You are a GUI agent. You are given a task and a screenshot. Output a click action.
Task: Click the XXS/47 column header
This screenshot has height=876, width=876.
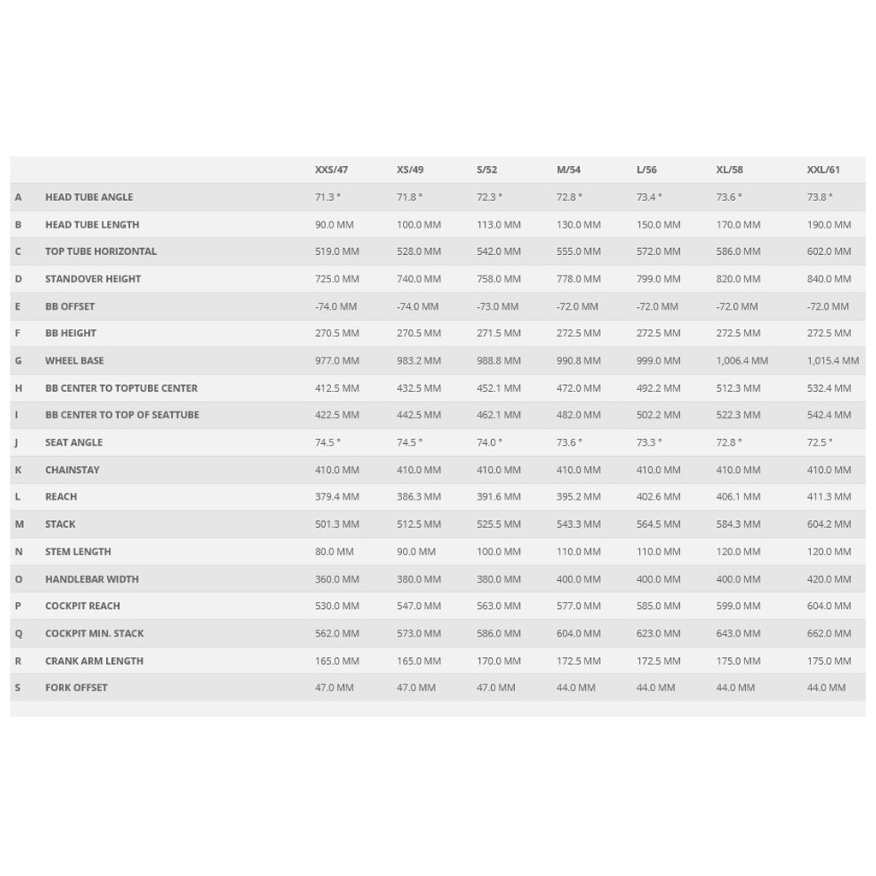[331, 169]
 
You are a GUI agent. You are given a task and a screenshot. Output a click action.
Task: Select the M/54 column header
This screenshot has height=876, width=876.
[569, 169]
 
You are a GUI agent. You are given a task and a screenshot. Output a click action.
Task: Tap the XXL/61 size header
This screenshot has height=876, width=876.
[823, 169]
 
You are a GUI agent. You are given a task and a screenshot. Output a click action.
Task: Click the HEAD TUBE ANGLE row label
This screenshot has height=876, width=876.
[89, 197]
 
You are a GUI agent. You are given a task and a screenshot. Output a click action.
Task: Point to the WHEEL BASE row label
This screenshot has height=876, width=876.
[74, 360]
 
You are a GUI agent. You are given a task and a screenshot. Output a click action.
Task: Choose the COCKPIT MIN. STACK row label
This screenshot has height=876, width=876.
[94, 633]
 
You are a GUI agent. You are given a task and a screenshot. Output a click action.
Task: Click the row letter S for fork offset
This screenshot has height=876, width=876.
[17, 688]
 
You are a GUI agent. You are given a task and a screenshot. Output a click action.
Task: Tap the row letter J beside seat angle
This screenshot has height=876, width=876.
[16, 442]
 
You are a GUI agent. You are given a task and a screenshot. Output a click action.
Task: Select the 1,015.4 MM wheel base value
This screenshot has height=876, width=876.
[832, 360]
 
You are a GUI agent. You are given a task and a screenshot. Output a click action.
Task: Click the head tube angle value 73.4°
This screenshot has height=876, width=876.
[648, 197]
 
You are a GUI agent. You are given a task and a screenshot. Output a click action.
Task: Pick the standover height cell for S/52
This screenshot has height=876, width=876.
[498, 279]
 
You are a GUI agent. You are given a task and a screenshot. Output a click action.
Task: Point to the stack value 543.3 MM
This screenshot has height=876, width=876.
[578, 524]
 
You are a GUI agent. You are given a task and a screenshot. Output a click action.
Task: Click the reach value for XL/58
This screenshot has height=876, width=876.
[737, 496]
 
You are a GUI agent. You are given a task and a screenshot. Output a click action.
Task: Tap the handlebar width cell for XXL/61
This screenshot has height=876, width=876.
[828, 579]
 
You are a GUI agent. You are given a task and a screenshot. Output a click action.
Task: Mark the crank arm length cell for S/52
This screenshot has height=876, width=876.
[498, 660]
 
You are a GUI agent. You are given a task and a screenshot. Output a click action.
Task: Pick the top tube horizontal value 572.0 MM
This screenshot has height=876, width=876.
[658, 252]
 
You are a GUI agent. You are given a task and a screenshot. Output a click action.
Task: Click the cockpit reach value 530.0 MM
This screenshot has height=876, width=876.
[337, 606]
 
